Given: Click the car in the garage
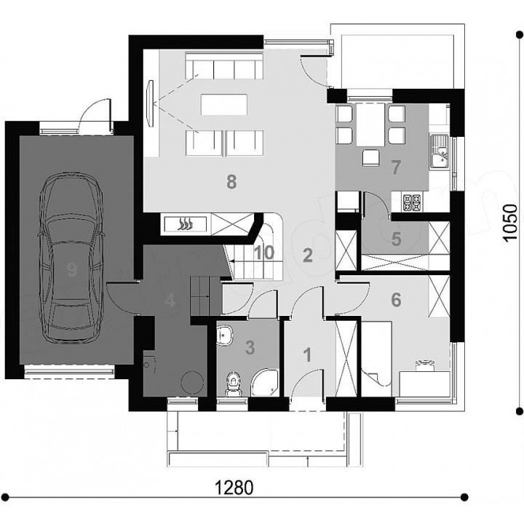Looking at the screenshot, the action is pos(71,257).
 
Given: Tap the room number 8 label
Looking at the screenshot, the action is pos(231,182).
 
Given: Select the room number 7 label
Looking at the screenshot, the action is pos(395,167).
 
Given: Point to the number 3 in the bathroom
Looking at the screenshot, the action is pos(250,348).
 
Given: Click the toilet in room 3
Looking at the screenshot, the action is pos(234,384).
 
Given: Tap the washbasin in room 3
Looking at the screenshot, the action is pos(225,336).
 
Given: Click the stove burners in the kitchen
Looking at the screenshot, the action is pos(412,202).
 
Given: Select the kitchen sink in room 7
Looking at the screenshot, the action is pos(440,151).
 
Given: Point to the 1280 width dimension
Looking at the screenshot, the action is pos(234,488).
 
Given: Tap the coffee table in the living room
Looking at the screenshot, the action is pos(224,105).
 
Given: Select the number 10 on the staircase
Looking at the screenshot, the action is pos(263,253).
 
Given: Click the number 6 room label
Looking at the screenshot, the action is pos(396,300).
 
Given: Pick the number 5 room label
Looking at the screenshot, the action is pos(396,239).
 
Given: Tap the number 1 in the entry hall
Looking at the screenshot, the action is pos(307,355).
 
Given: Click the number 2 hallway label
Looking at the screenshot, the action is pos(307,255).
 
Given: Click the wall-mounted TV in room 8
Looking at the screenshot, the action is pos(151,103).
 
